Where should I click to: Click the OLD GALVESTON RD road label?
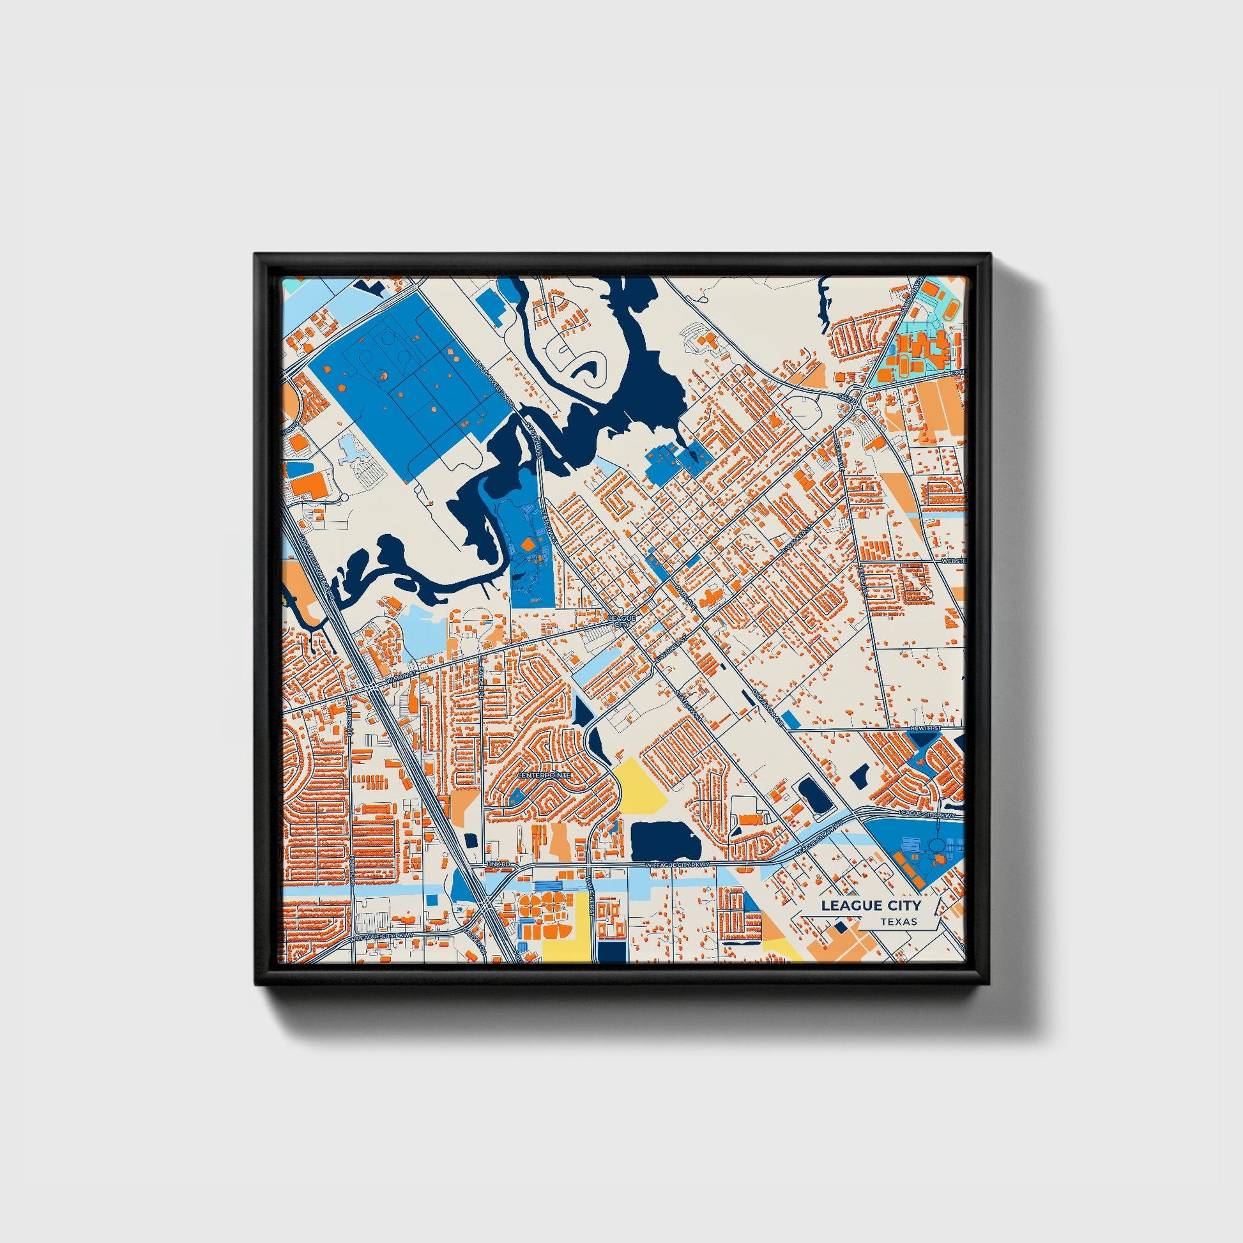(x=495, y=381)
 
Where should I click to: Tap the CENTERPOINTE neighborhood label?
(x=544, y=775)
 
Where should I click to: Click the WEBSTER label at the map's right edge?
(x=953, y=561)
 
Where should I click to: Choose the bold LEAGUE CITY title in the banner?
(x=871, y=905)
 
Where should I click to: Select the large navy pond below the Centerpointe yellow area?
(x=664, y=839)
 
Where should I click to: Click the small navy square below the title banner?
(x=839, y=927)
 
